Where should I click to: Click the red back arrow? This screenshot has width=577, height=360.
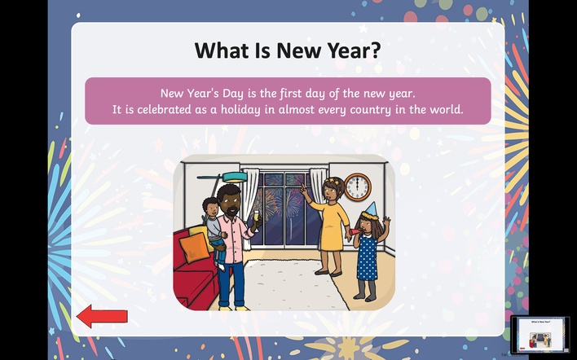point(102,316)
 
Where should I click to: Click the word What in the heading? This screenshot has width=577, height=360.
point(222,50)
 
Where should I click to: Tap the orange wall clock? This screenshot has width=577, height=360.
point(357,187)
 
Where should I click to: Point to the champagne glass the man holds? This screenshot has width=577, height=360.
point(256,220)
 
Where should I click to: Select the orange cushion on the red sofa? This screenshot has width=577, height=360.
point(194,248)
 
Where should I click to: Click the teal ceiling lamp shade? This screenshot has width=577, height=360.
point(235,178)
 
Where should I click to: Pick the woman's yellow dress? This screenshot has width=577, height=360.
point(333,226)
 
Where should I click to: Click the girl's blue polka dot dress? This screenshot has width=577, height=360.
point(367,257)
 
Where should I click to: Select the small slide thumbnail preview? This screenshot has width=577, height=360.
point(540,334)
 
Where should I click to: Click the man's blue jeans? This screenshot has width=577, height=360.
point(231,283)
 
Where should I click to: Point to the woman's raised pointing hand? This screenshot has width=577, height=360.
point(304,189)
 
